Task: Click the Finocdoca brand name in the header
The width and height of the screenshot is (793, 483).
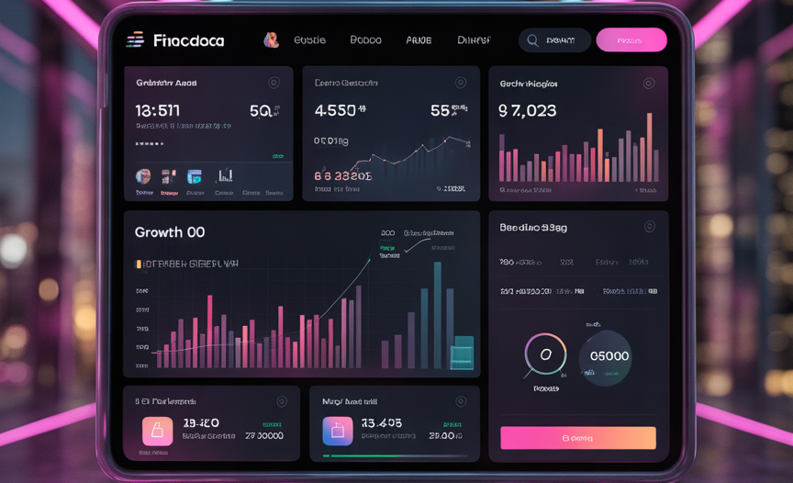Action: [x=188, y=40]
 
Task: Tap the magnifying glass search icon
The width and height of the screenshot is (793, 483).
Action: [x=532, y=40]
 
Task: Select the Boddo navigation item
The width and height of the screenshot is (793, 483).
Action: [x=365, y=40]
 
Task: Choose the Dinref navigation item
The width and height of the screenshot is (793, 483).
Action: [x=474, y=40]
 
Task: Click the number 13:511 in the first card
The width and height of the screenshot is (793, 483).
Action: [x=158, y=111]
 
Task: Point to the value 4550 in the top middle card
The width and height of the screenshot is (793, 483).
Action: [x=335, y=111]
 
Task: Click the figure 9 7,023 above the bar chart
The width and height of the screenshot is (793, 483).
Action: [x=527, y=111]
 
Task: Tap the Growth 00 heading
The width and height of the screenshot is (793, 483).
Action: [x=170, y=232]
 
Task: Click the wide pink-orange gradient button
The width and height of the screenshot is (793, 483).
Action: [x=578, y=438]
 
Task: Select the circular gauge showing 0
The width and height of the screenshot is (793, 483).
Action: [x=545, y=354]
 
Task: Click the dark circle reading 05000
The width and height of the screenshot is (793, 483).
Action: [x=606, y=356]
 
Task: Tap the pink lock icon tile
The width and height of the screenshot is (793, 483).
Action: [x=157, y=431]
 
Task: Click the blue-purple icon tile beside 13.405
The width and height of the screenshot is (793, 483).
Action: [x=337, y=431]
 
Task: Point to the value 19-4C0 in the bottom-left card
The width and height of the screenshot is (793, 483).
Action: [x=200, y=423]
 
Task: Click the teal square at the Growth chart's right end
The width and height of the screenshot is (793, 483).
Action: [x=462, y=353]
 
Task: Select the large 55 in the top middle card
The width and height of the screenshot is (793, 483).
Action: [x=441, y=111]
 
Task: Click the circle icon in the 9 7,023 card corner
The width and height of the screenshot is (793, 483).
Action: [x=649, y=84]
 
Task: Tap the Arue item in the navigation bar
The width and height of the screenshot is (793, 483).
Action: [x=419, y=40]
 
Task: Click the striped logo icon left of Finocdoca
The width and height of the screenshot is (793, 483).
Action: [x=135, y=39]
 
